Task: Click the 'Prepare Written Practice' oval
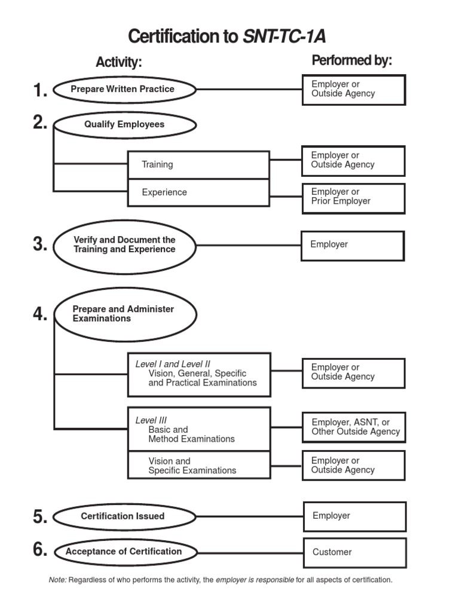pyautogui.click(x=124, y=90)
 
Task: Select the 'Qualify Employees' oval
pyautogui.click(x=124, y=125)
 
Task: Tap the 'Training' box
pyautogui.click(x=198, y=164)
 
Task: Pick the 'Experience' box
pyautogui.click(x=198, y=192)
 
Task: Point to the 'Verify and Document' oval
pyautogui.click(x=124, y=244)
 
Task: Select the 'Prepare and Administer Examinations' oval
pyautogui.click(x=124, y=314)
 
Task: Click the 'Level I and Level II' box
pyautogui.click(x=198, y=374)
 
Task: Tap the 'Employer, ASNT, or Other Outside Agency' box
pyautogui.click(x=354, y=427)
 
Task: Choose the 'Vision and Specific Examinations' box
pyautogui.click(x=198, y=466)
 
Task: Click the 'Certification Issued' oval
pyautogui.click(x=124, y=516)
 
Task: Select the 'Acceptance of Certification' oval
pyautogui.click(x=124, y=552)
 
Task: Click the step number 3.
pyautogui.click(x=40, y=244)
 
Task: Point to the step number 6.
pyautogui.click(x=40, y=550)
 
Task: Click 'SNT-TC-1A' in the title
pyautogui.click(x=284, y=37)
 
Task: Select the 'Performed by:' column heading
pyautogui.click(x=351, y=61)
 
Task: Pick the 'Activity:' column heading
pyautogui.click(x=119, y=62)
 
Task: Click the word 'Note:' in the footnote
pyautogui.click(x=57, y=580)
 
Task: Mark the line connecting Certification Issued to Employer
pyautogui.click(x=250, y=516)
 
